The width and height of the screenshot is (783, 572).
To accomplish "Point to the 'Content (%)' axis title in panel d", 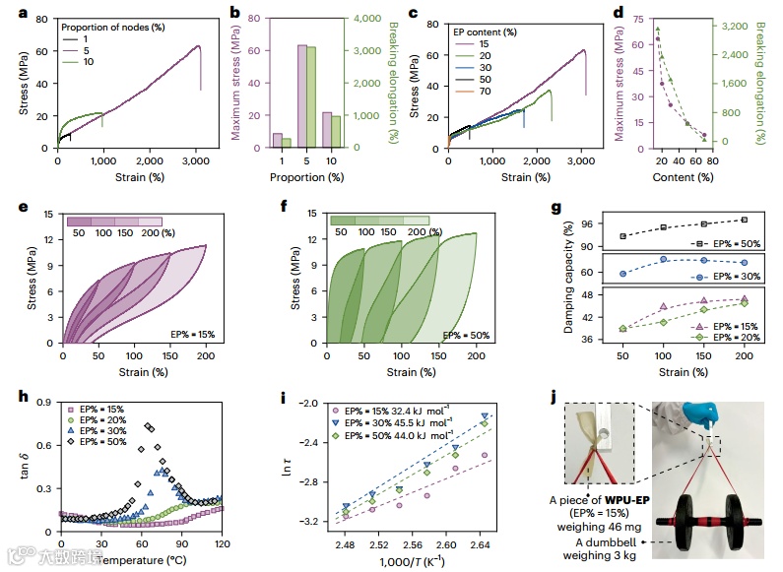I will pyautogui.click(x=683, y=177).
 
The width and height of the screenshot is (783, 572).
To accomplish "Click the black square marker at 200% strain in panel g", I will pyautogui.click(x=744, y=220).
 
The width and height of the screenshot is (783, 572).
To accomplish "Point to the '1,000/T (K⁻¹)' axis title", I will pyautogui.click(x=409, y=561).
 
